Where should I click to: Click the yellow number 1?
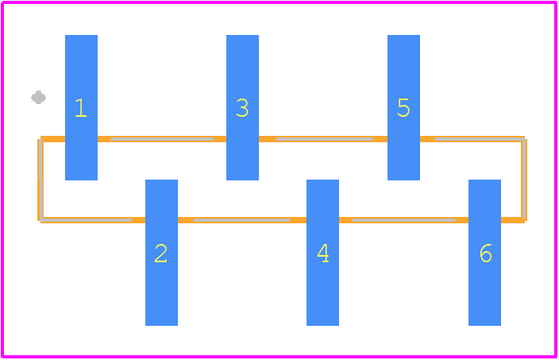pos(81,108)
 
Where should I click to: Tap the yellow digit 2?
pos(160,254)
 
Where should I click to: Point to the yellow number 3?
pos(242,108)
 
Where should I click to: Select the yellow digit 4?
pos(323,254)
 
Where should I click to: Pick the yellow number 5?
pos(403,108)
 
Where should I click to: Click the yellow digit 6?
pos(486,254)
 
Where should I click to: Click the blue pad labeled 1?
pos(81,107)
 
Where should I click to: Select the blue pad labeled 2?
pos(161,253)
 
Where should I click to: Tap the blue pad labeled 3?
pos(242,107)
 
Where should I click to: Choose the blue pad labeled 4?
pos(322,253)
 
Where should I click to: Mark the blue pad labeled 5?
pos(403,107)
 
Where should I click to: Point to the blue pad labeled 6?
pos(484,253)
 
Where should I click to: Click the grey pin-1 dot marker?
pos(38,98)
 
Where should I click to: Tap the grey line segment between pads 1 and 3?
pos(162,139)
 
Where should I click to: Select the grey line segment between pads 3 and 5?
pos(325,139)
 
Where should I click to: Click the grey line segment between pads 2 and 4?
pos(241,220)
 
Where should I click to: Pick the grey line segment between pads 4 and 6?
pos(403,220)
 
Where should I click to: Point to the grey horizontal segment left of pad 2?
pos(87,220)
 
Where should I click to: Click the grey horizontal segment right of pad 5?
pos(480,139)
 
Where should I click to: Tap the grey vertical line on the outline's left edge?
pos(41,180)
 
